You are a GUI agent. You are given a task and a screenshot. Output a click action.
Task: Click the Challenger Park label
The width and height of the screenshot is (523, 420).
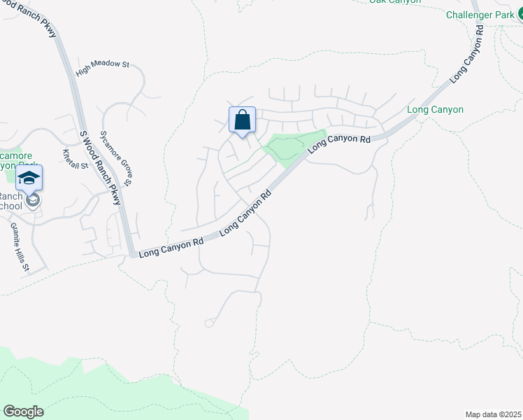(x=480, y=15)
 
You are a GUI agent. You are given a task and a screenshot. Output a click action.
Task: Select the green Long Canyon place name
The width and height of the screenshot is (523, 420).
(x=435, y=110)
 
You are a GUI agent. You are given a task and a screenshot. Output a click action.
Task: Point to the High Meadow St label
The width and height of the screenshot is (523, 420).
(x=103, y=64)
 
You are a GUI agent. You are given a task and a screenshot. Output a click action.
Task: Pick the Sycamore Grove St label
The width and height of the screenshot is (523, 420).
(x=117, y=158)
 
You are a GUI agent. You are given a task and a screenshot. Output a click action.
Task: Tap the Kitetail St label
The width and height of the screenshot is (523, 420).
(x=76, y=160)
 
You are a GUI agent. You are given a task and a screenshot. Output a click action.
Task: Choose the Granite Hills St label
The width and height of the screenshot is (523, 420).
(x=19, y=247)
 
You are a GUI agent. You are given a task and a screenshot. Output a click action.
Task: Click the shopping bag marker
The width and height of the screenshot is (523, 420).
(x=242, y=120)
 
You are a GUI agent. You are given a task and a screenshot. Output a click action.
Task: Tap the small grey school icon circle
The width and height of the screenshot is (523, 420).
(x=32, y=202)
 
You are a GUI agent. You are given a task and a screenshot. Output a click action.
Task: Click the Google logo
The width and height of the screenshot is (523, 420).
(x=23, y=412)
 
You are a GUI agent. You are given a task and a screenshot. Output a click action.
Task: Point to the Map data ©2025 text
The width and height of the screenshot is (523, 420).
(x=493, y=414)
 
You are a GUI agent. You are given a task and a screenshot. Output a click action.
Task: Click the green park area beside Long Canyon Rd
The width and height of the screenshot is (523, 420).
(x=294, y=145)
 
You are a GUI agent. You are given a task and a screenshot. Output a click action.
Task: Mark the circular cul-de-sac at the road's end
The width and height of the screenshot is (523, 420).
(x=208, y=323)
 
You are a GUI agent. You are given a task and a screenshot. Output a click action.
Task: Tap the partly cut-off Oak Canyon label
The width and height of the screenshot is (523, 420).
(x=395, y=1)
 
